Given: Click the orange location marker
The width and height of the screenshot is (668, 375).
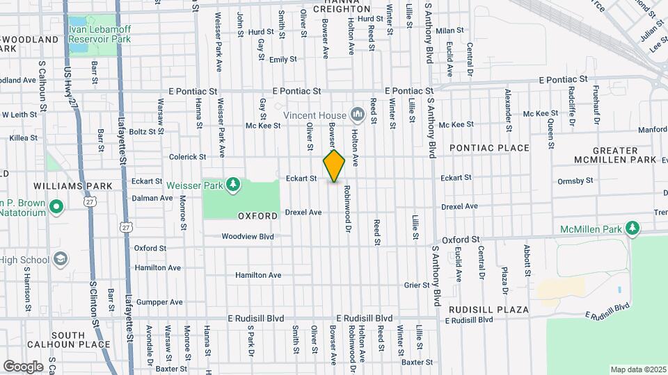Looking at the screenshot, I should coord(334,167).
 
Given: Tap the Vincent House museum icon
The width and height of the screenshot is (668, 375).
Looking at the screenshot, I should coord(358,113).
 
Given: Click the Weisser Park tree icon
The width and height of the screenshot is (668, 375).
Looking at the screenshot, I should coord(234,184).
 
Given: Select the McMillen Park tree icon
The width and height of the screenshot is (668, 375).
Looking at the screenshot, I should coord(632,228).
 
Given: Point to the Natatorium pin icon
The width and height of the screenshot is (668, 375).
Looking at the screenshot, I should coord(56,207).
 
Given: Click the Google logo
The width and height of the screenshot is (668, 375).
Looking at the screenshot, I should coord(23,366).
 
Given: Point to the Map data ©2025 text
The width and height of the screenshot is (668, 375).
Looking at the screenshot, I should coord(637,369).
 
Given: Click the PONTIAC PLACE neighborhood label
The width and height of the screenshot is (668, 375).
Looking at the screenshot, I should coord(489,148).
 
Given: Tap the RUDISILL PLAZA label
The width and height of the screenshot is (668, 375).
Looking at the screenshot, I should coord(488,309).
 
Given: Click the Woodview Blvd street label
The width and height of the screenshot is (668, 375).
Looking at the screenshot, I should coord(248,236).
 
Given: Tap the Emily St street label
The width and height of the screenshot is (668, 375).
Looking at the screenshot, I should coord(283,60).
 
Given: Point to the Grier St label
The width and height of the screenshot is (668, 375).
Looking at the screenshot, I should coord(417,285).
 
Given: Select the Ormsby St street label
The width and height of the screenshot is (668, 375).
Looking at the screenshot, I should coord(575,181).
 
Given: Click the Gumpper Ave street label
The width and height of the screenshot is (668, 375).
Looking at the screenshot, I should coord(159,302).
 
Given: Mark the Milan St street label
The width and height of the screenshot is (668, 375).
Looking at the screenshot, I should coord(450,31).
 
